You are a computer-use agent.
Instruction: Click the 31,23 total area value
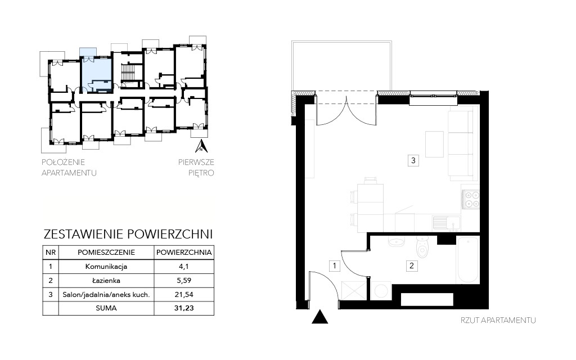pos(184,308)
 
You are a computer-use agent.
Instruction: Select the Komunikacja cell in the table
pos(106,267)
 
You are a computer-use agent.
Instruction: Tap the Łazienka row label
pos(106,281)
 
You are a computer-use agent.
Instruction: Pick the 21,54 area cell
pos(184,294)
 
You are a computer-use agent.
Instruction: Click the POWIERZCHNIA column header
pos(184,253)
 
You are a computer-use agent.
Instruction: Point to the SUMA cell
pos(106,308)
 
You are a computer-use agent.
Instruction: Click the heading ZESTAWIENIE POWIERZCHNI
pos(128,234)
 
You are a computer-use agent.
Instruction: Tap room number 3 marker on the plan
pos(413,160)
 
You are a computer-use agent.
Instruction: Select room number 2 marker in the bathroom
pos(411,265)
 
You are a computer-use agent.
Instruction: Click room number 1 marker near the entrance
pos(334,265)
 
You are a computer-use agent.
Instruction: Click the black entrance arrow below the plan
pos(319,317)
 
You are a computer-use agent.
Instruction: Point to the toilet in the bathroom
pos(423,246)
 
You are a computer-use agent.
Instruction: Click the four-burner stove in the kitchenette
pos(471,200)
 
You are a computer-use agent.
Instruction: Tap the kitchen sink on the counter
pos(446,223)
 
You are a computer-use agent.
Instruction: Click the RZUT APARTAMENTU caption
pos(498,320)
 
